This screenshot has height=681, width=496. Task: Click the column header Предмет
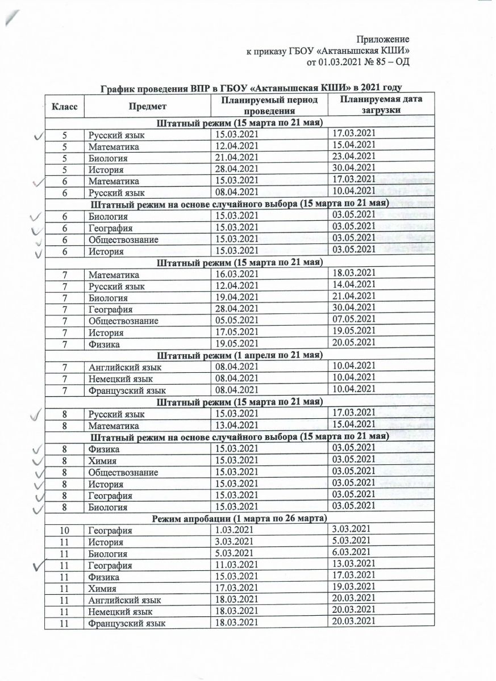click(x=147, y=106)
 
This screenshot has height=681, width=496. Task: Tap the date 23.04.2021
click(x=353, y=157)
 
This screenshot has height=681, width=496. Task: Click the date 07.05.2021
click(x=353, y=319)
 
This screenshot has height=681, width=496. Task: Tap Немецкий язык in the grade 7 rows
click(x=120, y=379)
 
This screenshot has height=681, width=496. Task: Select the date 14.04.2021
click(x=353, y=284)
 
